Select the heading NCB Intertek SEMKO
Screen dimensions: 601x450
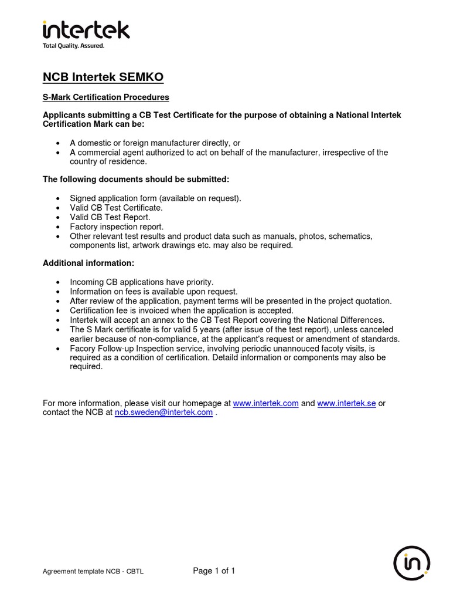[x=103, y=77]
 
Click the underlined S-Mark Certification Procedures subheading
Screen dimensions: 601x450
[x=106, y=97]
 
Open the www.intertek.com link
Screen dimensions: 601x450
[x=265, y=403]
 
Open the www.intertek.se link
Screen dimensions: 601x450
[x=346, y=403]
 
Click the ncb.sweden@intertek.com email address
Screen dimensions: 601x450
[x=163, y=413]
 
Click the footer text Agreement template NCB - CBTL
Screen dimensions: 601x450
[x=93, y=572]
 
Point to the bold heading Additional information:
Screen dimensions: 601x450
[x=88, y=264]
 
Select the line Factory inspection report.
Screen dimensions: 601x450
[x=117, y=227]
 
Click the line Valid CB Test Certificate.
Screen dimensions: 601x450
[x=116, y=208]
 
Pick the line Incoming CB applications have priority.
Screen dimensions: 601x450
[x=142, y=282]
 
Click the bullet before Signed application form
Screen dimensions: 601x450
[x=57, y=198]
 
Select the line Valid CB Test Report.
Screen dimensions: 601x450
[x=110, y=217]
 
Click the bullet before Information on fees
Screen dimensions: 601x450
[x=57, y=292]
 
